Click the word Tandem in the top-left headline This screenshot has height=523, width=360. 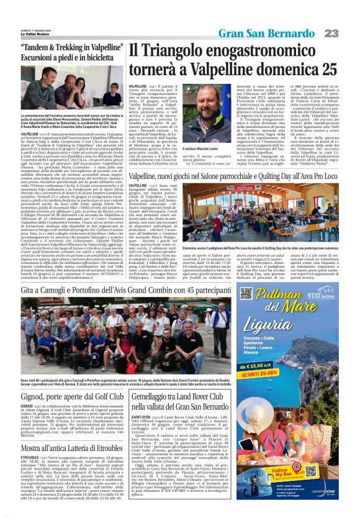click(45, 48)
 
